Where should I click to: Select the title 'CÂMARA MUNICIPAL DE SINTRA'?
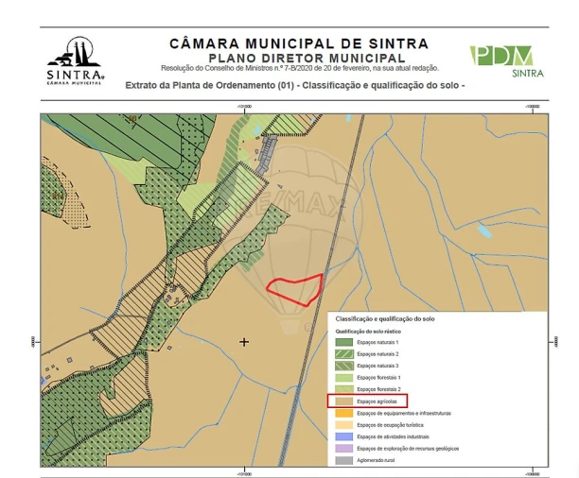click(x=298, y=43)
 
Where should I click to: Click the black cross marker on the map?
click(x=245, y=341)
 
